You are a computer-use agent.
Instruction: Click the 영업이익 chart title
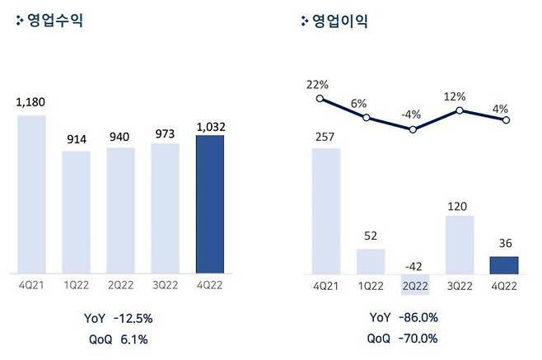click(x=339, y=21)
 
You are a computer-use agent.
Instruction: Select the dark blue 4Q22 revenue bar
click(x=210, y=203)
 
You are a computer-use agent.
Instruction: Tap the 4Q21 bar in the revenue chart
click(x=32, y=194)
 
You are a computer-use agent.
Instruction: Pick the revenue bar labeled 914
click(x=77, y=212)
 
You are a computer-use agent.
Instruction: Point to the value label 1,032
click(x=210, y=125)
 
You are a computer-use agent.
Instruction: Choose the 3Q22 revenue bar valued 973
click(x=166, y=208)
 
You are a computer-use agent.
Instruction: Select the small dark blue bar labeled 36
click(x=505, y=264)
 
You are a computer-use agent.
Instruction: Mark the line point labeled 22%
click(x=319, y=99)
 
